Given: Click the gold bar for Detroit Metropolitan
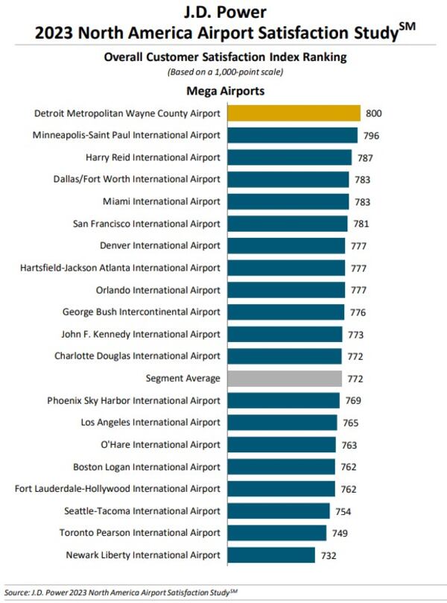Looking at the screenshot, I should point(294,113).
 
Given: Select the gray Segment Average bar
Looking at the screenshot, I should point(285,378).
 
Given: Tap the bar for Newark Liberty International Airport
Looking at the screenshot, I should point(271,555).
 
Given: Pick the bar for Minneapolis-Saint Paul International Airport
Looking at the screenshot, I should point(292,135).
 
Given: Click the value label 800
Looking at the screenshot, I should point(373,113).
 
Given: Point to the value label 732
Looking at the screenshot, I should point(329,555).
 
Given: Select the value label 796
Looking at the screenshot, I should point(370,136).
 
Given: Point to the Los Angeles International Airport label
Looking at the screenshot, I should point(150,423).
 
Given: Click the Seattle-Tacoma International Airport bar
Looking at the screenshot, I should point(279,511).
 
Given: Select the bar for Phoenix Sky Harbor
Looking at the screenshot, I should point(283,400).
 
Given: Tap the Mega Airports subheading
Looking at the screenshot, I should point(223,92).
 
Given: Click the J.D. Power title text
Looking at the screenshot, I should point(223,13).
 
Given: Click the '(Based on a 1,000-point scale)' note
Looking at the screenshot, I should point(223,72).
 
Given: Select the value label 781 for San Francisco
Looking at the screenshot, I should point(361,224).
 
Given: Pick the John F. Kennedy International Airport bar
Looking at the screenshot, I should point(285,334).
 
